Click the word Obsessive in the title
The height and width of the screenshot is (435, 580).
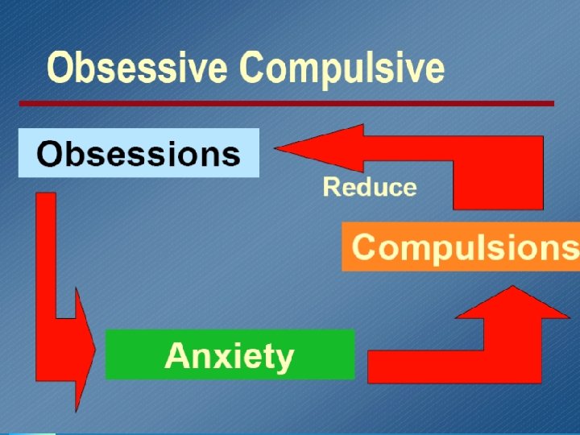click(137, 68)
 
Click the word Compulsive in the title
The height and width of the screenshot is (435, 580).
click(342, 68)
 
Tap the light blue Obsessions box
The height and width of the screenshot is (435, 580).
click(139, 153)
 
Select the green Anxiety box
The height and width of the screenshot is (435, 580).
click(230, 355)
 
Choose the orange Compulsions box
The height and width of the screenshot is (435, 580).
click(461, 246)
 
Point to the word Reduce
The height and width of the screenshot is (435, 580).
click(370, 188)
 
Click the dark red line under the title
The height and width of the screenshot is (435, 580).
click(287, 103)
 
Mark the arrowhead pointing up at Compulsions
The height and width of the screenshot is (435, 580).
click(512, 303)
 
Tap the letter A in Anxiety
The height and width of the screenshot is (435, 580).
click(176, 355)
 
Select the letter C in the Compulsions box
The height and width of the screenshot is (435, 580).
click(367, 246)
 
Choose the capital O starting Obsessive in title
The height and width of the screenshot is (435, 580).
click(61, 68)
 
